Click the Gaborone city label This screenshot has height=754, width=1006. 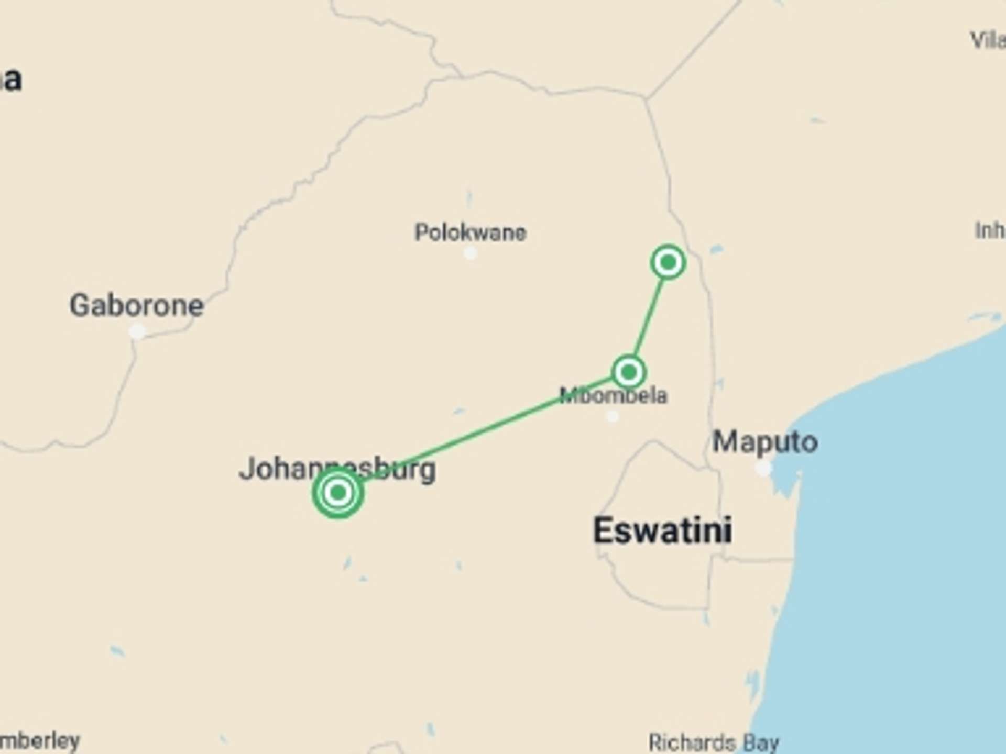136,306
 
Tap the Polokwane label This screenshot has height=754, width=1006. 470,232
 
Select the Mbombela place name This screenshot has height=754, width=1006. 614,396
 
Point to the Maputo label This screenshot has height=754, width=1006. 765,442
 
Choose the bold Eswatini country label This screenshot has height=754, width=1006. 662,530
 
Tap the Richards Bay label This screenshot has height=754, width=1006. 714,742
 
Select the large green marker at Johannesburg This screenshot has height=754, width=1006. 338,493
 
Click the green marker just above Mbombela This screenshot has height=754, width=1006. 628,372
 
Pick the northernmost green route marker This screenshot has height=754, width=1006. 668,262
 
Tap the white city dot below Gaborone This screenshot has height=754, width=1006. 137,331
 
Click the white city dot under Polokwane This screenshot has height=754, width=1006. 470,253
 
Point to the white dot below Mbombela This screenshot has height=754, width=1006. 612,417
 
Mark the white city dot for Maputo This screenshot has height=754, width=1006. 763,468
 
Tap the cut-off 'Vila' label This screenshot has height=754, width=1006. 988,40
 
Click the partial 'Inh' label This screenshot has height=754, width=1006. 989,230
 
